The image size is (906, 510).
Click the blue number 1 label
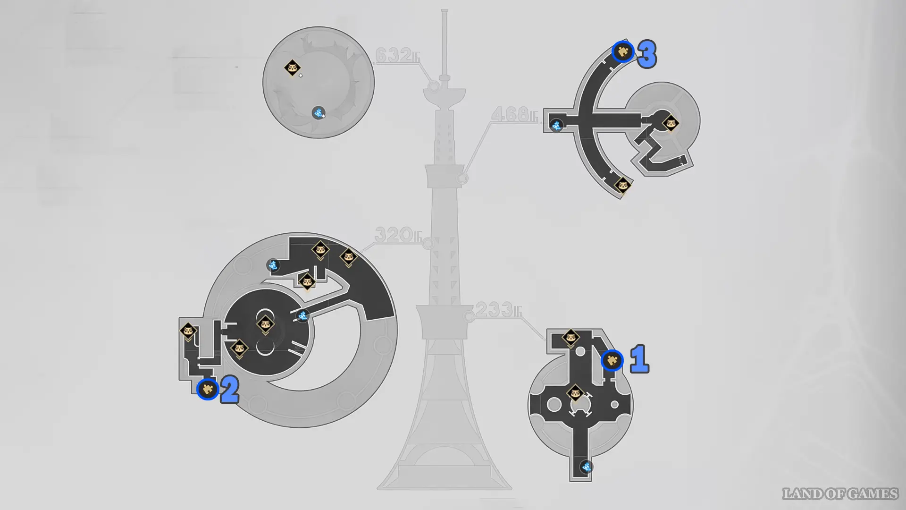(640, 359)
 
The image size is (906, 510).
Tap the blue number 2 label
(230, 390)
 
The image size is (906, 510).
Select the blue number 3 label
(647, 54)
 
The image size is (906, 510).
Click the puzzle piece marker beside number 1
(612, 361)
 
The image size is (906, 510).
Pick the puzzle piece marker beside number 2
(207, 389)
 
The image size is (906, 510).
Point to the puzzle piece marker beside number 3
(622, 51)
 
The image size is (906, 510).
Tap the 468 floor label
(514, 114)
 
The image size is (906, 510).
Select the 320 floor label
(398, 234)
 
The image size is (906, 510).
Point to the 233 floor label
(498, 310)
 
